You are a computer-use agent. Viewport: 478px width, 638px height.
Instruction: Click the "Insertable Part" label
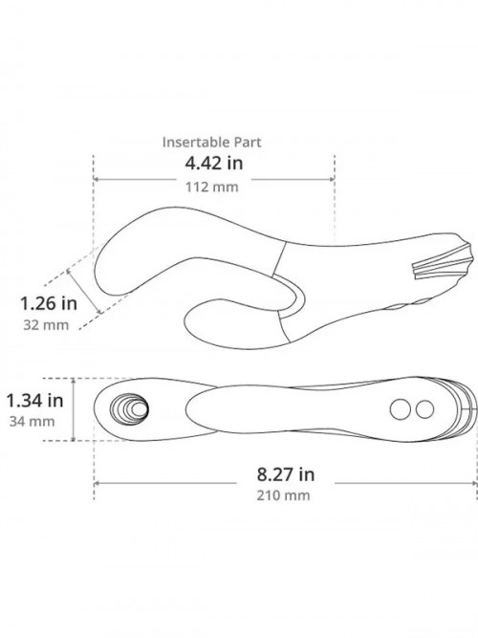point(211,142)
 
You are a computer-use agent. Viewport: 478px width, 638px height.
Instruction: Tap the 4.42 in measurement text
point(214,164)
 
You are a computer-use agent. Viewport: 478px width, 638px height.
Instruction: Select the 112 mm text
point(212,187)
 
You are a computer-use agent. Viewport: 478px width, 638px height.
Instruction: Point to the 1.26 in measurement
point(49,303)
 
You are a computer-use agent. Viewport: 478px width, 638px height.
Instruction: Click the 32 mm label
point(46,325)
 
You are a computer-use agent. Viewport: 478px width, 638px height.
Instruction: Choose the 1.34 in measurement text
point(35,401)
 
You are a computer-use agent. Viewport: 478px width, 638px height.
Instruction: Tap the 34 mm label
point(33,421)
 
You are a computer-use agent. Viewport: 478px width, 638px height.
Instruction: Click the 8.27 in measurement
point(286,474)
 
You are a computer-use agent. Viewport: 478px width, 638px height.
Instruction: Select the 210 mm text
point(283,495)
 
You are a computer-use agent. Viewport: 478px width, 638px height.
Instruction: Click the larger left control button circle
point(400,409)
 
